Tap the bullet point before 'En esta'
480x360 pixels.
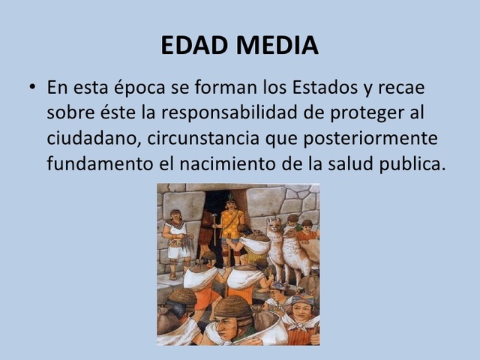pos(33,87)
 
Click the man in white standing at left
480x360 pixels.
pos(177,240)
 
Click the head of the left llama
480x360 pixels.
pos(274,225)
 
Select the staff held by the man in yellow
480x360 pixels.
pos(217,232)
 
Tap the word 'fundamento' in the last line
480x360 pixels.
pos(103,163)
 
